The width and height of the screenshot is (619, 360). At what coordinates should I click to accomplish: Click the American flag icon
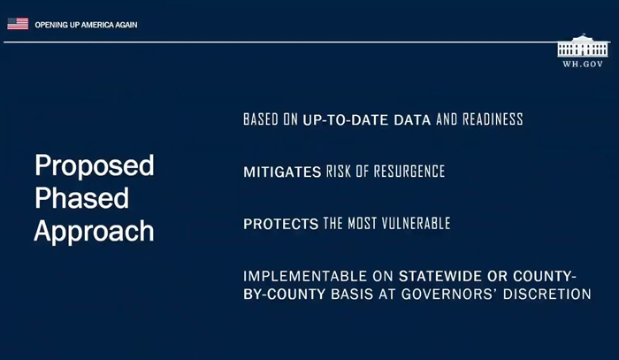point(18,24)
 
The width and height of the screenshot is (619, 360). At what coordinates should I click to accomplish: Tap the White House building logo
point(583,46)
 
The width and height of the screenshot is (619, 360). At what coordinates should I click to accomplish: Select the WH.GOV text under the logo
point(583,64)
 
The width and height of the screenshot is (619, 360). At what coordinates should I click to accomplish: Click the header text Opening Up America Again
point(86,25)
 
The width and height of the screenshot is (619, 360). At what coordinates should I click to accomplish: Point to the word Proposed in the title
point(95,166)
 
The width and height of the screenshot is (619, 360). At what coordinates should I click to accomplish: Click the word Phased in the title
point(81,198)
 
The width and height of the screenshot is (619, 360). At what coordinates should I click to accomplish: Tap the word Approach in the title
point(94,232)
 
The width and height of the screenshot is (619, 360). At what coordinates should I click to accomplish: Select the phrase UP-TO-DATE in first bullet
point(346,120)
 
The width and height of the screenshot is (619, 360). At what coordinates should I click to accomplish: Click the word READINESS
point(493,119)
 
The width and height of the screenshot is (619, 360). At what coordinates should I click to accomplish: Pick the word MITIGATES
point(282,172)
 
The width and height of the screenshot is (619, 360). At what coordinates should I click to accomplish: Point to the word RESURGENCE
point(409,172)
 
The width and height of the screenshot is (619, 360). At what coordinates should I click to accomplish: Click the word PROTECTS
point(280,224)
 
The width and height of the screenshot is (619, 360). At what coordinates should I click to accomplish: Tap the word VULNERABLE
point(416,224)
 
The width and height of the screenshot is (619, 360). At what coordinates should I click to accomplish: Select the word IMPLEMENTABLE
point(305,276)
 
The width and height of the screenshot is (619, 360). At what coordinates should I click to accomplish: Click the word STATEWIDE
point(440,276)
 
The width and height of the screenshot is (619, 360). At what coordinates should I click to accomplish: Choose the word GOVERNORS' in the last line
point(449,294)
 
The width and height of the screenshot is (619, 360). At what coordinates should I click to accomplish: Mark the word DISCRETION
point(547,295)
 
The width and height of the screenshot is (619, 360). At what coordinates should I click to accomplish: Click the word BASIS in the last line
point(352,295)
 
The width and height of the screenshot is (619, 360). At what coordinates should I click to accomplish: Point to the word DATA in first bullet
point(413,120)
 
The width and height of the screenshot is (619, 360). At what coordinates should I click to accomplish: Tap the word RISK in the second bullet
point(339,172)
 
